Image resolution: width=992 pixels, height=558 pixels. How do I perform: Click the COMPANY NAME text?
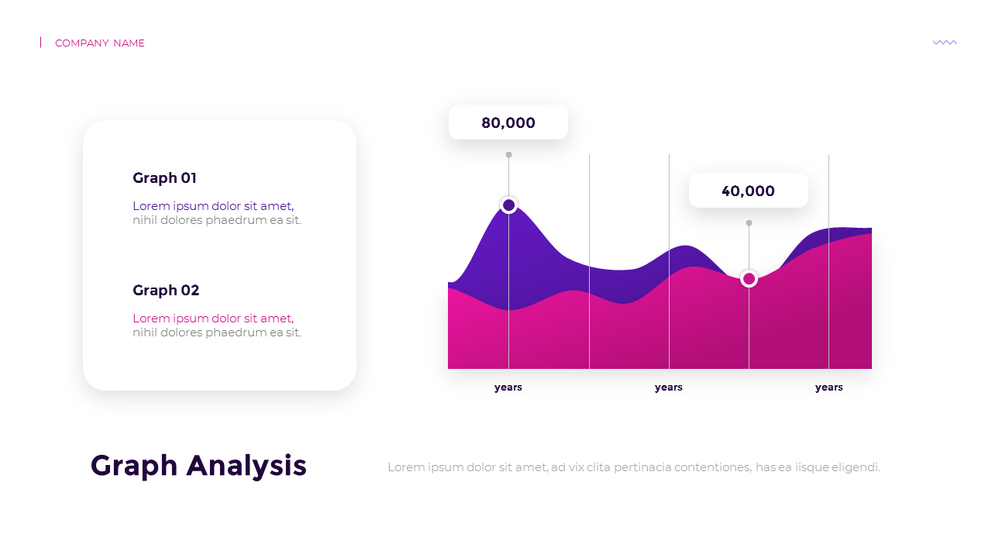pyautogui.click(x=99, y=43)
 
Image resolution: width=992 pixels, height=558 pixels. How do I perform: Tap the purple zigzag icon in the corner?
pyautogui.click(x=944, y=43)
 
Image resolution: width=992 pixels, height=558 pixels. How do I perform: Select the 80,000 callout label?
pyautogui.click(x=508, y=122)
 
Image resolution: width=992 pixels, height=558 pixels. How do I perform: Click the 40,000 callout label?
pyautogui.click(x=748, y=191)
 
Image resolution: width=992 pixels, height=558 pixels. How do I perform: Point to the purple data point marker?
pyautogui.click(x=508, y=205)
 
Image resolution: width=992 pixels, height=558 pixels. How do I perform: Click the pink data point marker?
pyautogui.click(x=749, y=278)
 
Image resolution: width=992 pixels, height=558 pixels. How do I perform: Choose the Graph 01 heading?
pyautogui.click(x=164, y=178)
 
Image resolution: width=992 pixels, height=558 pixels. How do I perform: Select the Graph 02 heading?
pyautogui.click(x=166, y=291)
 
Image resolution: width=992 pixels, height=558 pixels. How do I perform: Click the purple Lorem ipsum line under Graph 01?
pyautogui.click(x=213, y=206)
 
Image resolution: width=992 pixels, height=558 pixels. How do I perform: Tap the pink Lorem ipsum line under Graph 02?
pyautogui.click(x=213, y=319)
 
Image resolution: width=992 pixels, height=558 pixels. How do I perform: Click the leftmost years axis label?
pyautogui.click(x=508, y=387)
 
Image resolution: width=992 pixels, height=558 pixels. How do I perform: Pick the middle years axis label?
pyautogui.click(x=668, y=387)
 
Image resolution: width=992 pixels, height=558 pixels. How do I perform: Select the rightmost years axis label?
pyautogui.click(x=828, y=387)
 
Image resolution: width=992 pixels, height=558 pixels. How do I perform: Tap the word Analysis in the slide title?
pyautogui.click(x=247, y=466)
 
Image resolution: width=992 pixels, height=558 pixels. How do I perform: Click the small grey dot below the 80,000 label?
pyautogui.click(x=508, y=155)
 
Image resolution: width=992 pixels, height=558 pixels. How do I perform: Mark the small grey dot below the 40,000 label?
pyautogui.click(x=749, y=223)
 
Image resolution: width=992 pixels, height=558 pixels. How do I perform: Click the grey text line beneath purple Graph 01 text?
pyautogui.click(x=217, y=220)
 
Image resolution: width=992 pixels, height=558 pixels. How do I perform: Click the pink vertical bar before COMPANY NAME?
pyautogui.click(x=41, y=43)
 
